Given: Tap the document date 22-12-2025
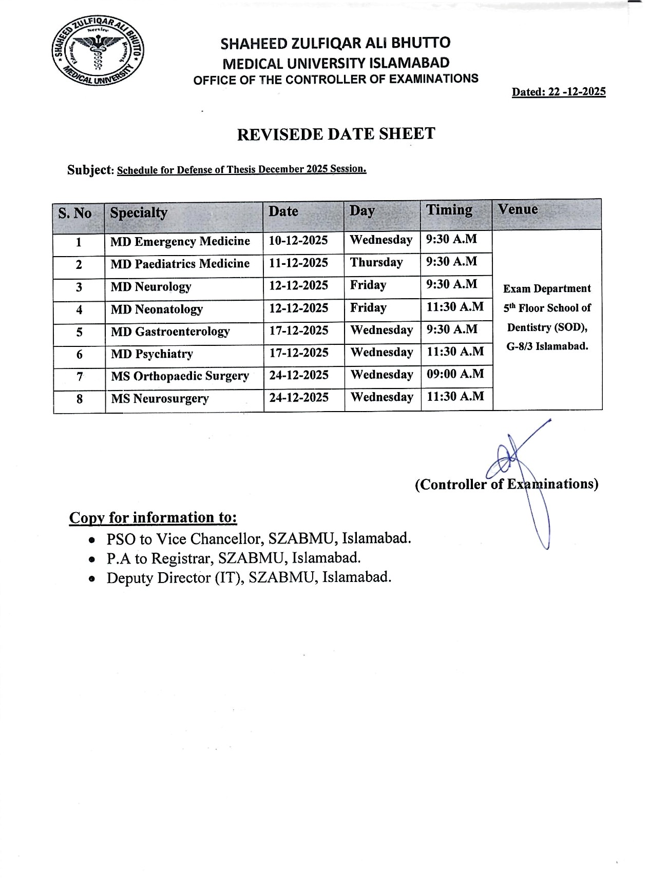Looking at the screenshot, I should (559, 92).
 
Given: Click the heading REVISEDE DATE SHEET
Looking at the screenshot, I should (336, 134).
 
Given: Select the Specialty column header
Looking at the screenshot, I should (139, 212).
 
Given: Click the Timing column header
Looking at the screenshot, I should (449, 210).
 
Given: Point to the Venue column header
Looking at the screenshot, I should (518, 209).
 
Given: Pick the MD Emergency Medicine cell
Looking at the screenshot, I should (180, 241).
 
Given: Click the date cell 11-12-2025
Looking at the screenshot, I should (298, 263).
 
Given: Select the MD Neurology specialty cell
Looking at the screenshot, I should (151, 286).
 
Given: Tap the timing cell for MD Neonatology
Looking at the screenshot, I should (455, 307).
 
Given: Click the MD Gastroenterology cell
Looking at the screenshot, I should (170, 332).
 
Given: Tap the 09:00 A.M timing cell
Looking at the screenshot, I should (455, 374).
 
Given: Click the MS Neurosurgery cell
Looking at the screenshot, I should (160, 399).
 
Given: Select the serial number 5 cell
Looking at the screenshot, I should (79, 332).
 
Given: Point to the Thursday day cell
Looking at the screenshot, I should (376, 263).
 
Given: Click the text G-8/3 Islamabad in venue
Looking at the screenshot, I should (547, 346).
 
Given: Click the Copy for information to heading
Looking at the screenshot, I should (153, 517).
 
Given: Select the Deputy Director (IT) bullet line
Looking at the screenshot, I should (249, 578).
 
